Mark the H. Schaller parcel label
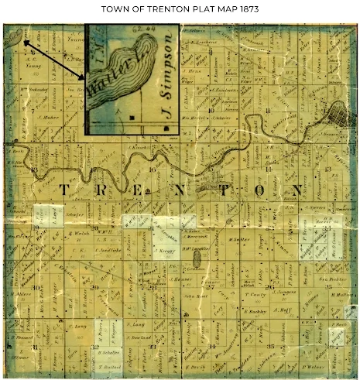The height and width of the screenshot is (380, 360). coord(111,351)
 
